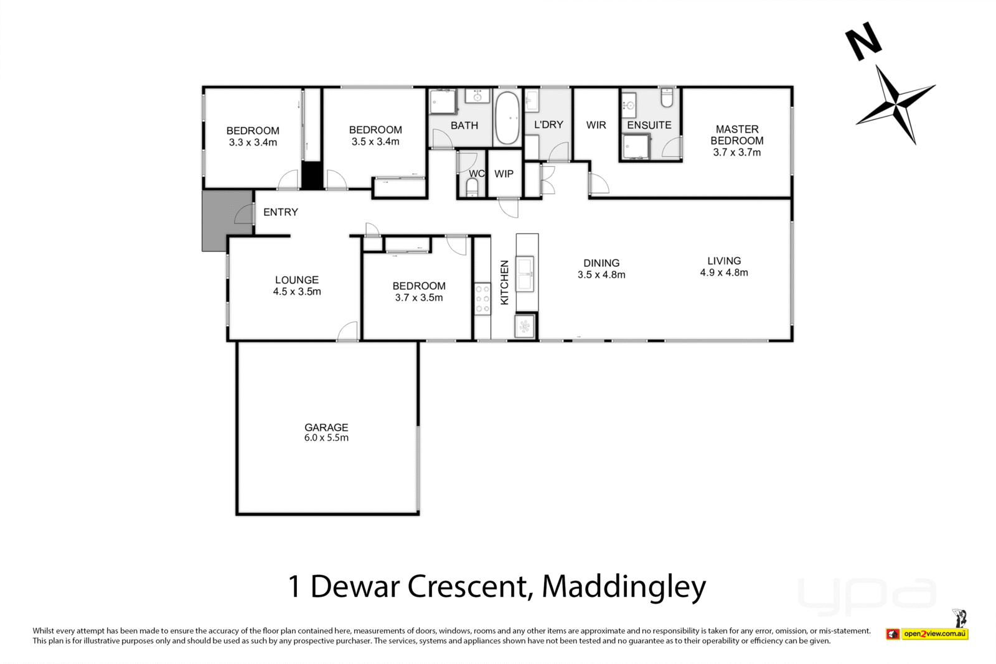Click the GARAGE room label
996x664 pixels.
326,427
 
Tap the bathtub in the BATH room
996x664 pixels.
507,118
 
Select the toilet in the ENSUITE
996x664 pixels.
667,97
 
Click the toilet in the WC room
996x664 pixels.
472,187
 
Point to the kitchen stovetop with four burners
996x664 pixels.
482,299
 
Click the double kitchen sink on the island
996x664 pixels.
525,274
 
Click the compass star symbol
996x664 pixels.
896,105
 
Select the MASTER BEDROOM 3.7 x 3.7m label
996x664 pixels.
737,141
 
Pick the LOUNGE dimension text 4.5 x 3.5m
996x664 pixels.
297,292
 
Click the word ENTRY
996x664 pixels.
281,212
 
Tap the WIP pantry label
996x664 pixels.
504,174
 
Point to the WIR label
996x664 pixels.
596,125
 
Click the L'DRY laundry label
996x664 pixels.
548,124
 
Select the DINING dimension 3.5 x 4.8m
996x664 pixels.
601,274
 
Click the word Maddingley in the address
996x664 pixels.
624,587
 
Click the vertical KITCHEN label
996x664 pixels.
504,283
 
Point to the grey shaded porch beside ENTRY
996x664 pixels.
227,220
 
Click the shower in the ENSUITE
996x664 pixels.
636,147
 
